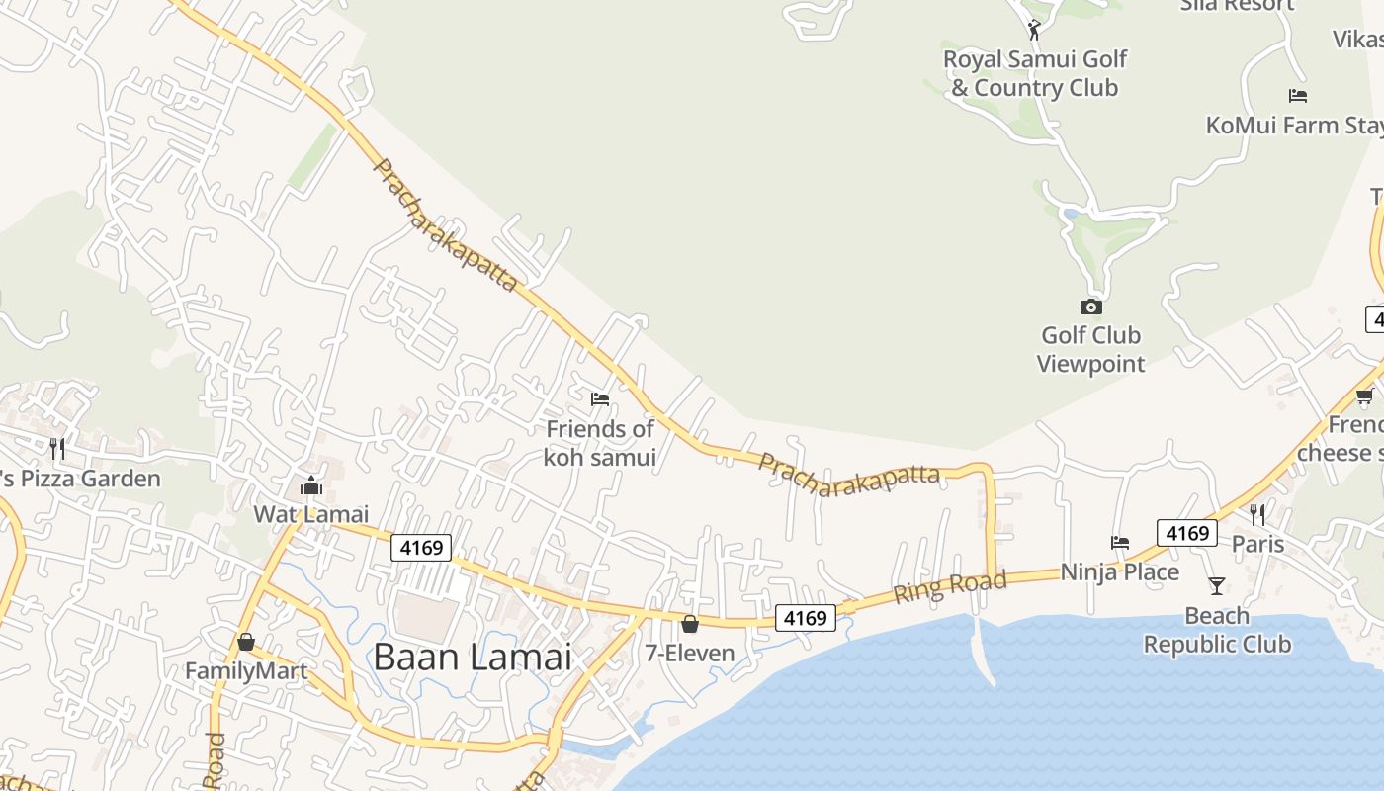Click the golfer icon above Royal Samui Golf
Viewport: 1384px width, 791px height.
pos(1034,30)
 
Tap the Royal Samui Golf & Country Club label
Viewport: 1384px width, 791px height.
pos(1035,74)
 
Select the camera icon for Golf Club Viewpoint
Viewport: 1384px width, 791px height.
pos(1091,308)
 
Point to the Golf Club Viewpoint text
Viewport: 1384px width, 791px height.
pos(1090,350)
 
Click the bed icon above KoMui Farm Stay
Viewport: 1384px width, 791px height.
pos(1298,96)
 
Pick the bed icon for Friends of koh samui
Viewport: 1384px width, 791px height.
pos(600,399)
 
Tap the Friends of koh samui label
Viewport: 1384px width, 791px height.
pos(600,443)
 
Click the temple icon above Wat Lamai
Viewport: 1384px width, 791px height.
pos(310,485)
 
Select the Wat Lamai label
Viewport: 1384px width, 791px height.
pos(310,514)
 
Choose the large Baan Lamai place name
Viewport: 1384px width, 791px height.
pos(473,658)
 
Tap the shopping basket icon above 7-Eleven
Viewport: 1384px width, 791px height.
pos(690,624)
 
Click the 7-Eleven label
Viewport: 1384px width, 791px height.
pos(690,654)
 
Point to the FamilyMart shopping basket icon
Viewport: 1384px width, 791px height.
pos(246,642)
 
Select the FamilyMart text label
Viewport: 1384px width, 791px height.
pos(246,672)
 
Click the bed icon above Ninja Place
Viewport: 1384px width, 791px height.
pos(1120,543)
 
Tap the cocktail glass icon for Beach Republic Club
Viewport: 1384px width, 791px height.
pos(1217,586)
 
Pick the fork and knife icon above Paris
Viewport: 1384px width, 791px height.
pos(1257,514)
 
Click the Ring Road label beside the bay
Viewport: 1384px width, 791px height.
pos(950,586)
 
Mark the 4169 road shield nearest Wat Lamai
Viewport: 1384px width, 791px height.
pos(421,547)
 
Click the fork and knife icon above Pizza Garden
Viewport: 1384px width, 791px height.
pos(57,449)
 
